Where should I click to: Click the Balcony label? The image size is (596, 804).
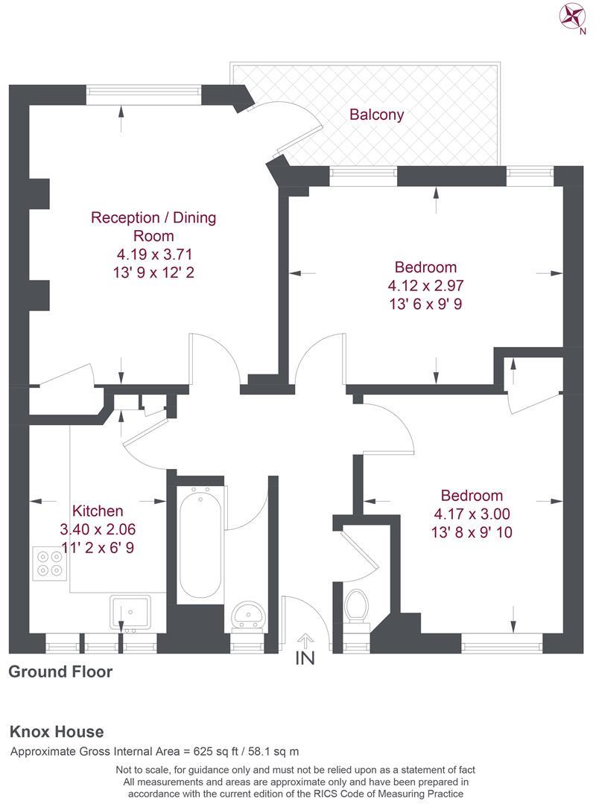(x=376, y=115)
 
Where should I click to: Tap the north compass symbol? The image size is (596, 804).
(x=574, y=16)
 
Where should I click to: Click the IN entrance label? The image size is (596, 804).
(x=305, y=658)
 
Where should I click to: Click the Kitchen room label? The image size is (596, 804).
(x=98, y=511)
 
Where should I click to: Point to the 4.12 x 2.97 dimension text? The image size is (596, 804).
(x=425, y=285)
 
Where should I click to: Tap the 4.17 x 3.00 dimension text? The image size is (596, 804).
(x=472, y=514)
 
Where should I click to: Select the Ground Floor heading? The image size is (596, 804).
(x=60, y=672)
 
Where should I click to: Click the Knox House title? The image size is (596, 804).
(x=57, y=732)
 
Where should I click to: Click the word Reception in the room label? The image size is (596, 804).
(x=124, y=218)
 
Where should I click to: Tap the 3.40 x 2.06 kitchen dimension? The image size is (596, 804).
(x=98, y=530)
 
